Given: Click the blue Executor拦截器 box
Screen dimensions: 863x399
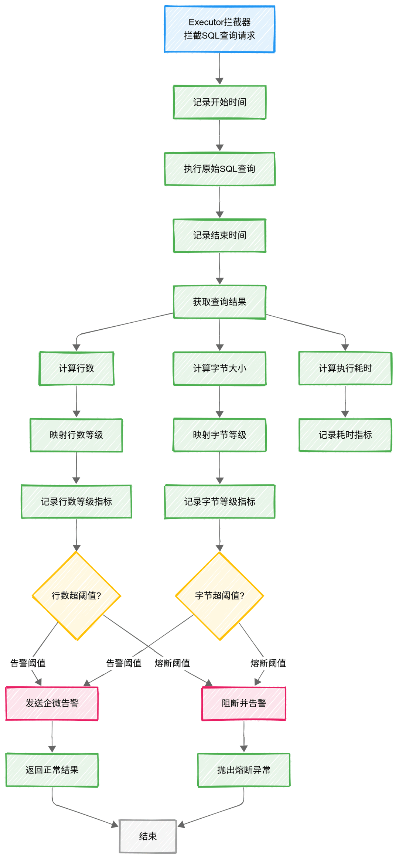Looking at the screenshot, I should (219, 29).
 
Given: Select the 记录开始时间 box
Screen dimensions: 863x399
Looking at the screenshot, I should (219, 102).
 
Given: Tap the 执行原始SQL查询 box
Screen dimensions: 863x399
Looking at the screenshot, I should (219, 169).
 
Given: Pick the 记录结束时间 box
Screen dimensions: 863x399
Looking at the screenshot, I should (219, 235).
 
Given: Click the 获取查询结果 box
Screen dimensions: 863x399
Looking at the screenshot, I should (219, 302).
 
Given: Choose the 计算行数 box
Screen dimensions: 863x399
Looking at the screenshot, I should (76, 368).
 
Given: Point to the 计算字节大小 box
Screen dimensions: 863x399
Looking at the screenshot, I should (219, 368).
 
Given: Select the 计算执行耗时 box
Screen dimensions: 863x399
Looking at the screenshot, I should (345, 368).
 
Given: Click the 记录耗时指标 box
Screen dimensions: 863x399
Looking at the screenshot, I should (345, 435).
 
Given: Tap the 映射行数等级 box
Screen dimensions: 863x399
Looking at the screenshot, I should (76, 435).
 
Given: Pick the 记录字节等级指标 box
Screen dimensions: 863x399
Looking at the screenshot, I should (219, 502).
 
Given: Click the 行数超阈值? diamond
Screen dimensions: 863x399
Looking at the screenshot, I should (76, 595).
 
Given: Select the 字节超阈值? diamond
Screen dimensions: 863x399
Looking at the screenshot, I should (219, 595).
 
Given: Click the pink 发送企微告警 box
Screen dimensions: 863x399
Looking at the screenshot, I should (52, 703).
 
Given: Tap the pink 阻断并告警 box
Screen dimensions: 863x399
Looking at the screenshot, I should (243, 703).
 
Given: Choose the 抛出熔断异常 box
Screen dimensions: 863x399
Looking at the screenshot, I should (243, 770).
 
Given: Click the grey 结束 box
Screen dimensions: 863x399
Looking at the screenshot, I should (148, 836).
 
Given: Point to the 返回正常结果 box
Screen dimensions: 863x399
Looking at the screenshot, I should (52, 770).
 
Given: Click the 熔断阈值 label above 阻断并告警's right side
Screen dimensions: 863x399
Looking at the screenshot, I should (268, 663).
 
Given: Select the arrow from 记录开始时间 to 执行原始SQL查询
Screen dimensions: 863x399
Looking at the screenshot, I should (219, 135).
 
